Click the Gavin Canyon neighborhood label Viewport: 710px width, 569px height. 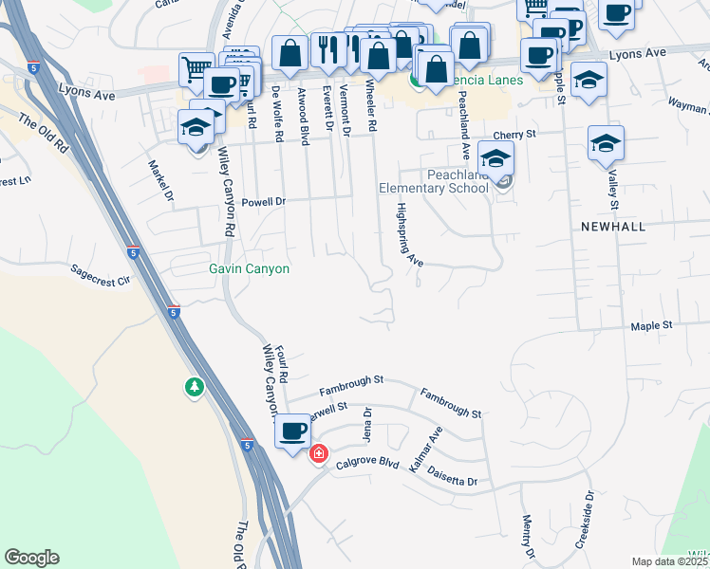click(x=249, y=269)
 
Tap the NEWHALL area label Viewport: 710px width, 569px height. click(x=613, y=227)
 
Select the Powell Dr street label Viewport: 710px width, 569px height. click(x=264, y=202)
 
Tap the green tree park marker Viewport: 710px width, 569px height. click(x=195, y=387)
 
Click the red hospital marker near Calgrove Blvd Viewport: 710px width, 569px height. click(x=318, y=454)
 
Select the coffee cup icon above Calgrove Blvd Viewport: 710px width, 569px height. click(x=292, y=432)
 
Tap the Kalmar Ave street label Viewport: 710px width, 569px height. click(x=425, y=450)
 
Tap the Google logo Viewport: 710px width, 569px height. click(x=31, y=558)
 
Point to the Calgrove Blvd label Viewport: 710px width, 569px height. click(x=371, y=464)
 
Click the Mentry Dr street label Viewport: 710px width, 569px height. click(x=527, y=536)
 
